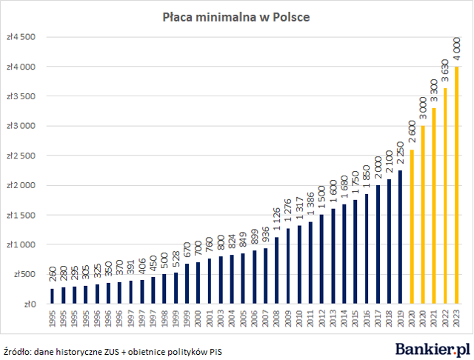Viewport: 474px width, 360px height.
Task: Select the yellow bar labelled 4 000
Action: [457, 185]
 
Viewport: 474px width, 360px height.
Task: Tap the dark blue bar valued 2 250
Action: [401, 237]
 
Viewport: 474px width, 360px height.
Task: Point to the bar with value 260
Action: [52, 296]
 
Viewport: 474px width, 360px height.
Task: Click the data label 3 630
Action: [446, 73]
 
